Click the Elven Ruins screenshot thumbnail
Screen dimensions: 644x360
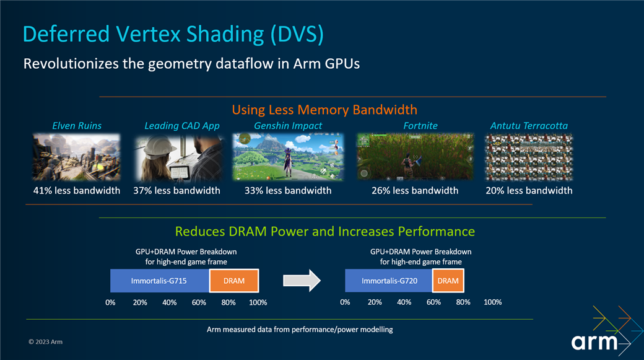click(x=76, y=157)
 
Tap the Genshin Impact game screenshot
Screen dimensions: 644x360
click(x=288, y=157)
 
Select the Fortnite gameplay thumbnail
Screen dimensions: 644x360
click(x=415, y=157)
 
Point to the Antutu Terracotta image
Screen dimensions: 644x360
click(x=529, y=157)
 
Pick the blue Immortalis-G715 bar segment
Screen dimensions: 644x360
click(x=159, y=281)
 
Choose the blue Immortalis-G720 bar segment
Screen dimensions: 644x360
click(x=388, y=281)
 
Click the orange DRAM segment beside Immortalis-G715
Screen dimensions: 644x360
click(x=234, y=281)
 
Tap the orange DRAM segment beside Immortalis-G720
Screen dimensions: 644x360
click(x=448, y=281)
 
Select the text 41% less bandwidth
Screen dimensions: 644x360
click(x=77, y=190)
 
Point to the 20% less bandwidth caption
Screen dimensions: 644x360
click(x=529, y=190)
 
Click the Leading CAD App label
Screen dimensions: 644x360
click(x=182, y=126)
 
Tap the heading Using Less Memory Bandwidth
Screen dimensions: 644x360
click(x=324, y=110)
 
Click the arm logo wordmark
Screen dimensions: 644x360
click(x=594, y=342)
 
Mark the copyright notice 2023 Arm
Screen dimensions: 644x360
click(x=46, y=341)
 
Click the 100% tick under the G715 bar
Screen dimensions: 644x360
click(x=258, y=302)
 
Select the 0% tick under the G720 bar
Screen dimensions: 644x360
click(x=345, y=302)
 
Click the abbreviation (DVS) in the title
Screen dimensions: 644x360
click(x=297, y=34)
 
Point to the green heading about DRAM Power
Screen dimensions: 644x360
click(x=325, y=231)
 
